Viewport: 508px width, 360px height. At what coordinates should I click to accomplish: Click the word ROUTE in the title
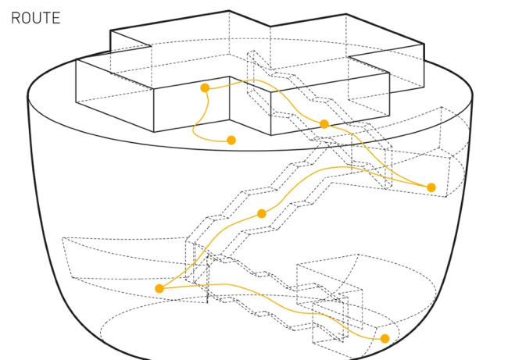click(35, 17)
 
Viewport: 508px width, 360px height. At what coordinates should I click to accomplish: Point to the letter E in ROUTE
click(55, 17)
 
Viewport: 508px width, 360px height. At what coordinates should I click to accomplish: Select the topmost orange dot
click(205, 88)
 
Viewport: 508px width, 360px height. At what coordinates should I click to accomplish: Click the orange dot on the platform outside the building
click(231, 141)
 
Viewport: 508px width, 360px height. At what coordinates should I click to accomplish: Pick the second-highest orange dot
click(324, 124)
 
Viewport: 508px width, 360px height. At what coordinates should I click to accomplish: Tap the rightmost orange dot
click(431, 187)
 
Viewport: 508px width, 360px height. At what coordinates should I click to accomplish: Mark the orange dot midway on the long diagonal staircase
click(262, 213)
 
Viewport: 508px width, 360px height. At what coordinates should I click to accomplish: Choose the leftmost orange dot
click(159, 289)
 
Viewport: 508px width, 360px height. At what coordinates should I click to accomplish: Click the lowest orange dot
click(385, 338)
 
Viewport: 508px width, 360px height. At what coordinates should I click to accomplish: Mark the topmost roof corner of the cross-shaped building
click(230, 11)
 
